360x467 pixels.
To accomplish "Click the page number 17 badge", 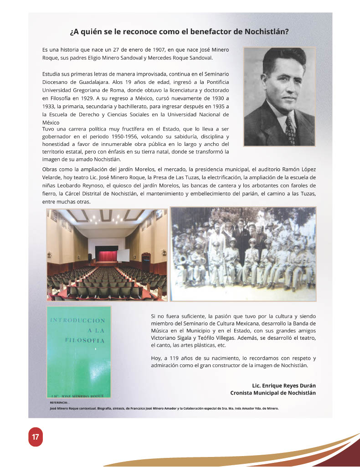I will tap(35, 437).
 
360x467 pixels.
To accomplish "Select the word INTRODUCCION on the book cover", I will tap(77, 321).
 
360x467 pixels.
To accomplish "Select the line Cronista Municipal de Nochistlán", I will tap(273, 393).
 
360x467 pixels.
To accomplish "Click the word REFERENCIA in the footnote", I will tap(58, 403).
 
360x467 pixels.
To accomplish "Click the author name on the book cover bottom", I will tap(78, 395).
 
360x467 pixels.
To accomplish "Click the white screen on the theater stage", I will tap(123, 255).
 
